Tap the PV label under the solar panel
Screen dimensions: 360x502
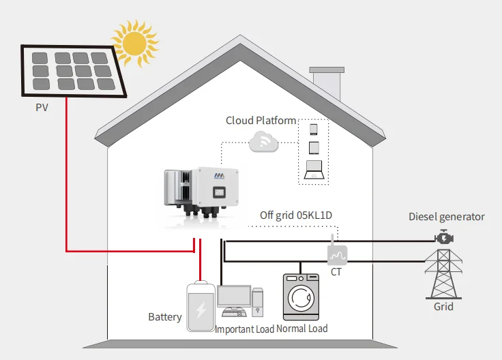pyautogui.click(x=43, y=108)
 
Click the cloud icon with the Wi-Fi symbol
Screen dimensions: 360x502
pyautogui.click(x=263, y=142)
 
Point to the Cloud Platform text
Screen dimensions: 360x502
pyautogui.click(x=261, y=121)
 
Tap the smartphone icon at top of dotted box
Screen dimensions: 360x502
pyautogui.click(x=314, y=129)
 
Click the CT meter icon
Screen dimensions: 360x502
pyautogui.click(x=337, y=255)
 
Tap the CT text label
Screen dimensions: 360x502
pyautogui.click(x=336, y=271)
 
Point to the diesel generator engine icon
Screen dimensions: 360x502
pyautogui.click(x=445, y=238)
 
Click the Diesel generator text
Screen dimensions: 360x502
pyautogui.click(x=446, y=217)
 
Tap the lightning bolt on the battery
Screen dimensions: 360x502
pyautogui.click(x=201, y=311)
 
